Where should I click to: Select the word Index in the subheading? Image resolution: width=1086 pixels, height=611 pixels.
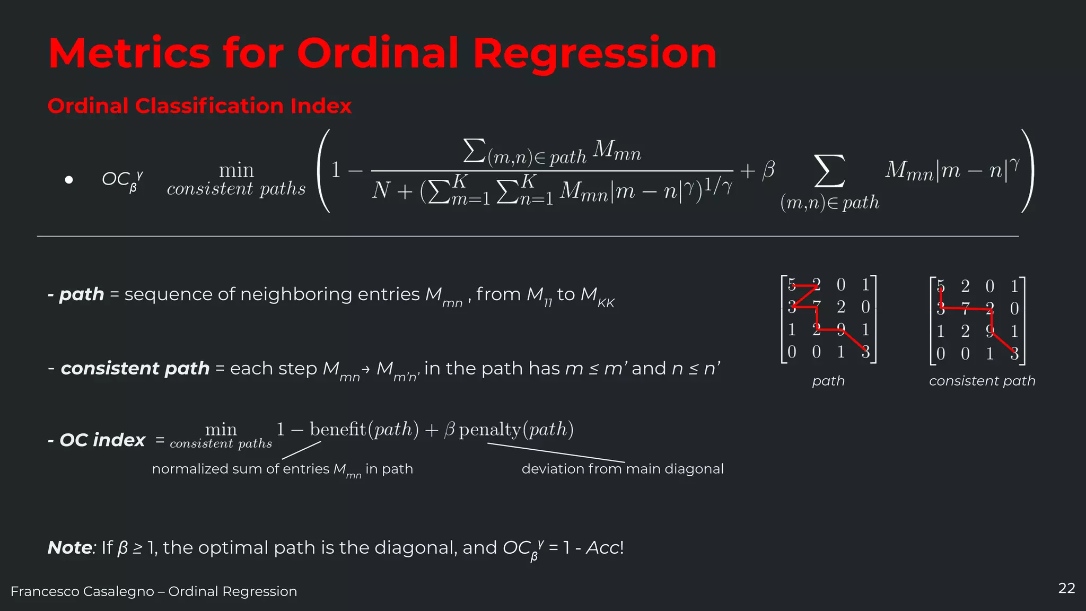click(321, 106)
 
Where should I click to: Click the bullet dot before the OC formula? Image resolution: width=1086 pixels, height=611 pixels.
click(68, 180)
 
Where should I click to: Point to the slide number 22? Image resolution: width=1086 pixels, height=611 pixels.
click(1066, 588)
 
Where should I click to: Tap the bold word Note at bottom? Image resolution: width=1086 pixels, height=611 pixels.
click(70, 547)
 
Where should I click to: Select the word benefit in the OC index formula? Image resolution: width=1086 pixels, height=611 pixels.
click(338, 429)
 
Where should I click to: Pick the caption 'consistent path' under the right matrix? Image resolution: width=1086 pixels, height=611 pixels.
click(982, 381)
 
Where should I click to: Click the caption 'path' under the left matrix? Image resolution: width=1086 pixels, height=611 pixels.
click(828, 381)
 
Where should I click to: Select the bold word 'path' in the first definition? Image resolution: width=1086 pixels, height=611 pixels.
click(81, 294)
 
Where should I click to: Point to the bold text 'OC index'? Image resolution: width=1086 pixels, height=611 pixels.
click(102, 440)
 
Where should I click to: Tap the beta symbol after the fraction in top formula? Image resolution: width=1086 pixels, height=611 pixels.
click(768, 170)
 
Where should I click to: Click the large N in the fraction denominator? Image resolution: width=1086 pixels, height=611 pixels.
click(381, 190)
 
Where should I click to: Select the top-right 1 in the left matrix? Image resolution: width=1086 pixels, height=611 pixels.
click(865, 285)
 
